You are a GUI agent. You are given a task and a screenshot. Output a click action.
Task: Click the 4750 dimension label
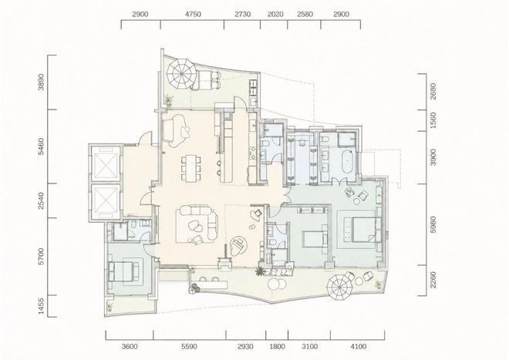(x=193, y=15)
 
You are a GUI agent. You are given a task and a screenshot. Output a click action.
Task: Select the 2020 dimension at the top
(x=275, y=15)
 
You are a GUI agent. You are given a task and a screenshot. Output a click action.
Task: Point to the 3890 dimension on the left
(x=41, y=82)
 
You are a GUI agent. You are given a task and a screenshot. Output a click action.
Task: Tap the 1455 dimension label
(x=41, y=306)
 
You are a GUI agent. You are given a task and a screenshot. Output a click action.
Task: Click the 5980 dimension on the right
(x=433, y=224)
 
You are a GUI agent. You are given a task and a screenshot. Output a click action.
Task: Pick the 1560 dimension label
(x=433, y=120)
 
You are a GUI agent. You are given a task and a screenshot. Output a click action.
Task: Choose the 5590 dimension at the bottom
(x=189, y=347)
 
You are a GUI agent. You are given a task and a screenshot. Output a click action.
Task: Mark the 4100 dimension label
(x=359, y=347)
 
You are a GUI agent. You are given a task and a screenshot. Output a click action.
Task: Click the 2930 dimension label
(x=245, y=347)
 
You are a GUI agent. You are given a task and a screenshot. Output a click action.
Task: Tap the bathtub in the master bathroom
(x=348, y=161)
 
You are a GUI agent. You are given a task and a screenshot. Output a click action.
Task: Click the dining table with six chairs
(x=191, y=168)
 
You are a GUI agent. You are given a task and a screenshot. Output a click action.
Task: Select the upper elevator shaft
(x=105, y=163)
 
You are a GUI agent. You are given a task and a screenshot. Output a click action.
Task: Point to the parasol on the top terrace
(x=181, y=74)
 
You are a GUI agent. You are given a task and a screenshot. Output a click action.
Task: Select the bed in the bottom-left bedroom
(x=123, y=271)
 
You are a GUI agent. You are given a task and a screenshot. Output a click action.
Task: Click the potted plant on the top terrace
(x=168, y=100)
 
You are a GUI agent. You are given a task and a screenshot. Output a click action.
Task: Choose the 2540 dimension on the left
(x=41, y=200)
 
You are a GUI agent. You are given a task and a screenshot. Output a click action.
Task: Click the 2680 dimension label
(x=433, y=92)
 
